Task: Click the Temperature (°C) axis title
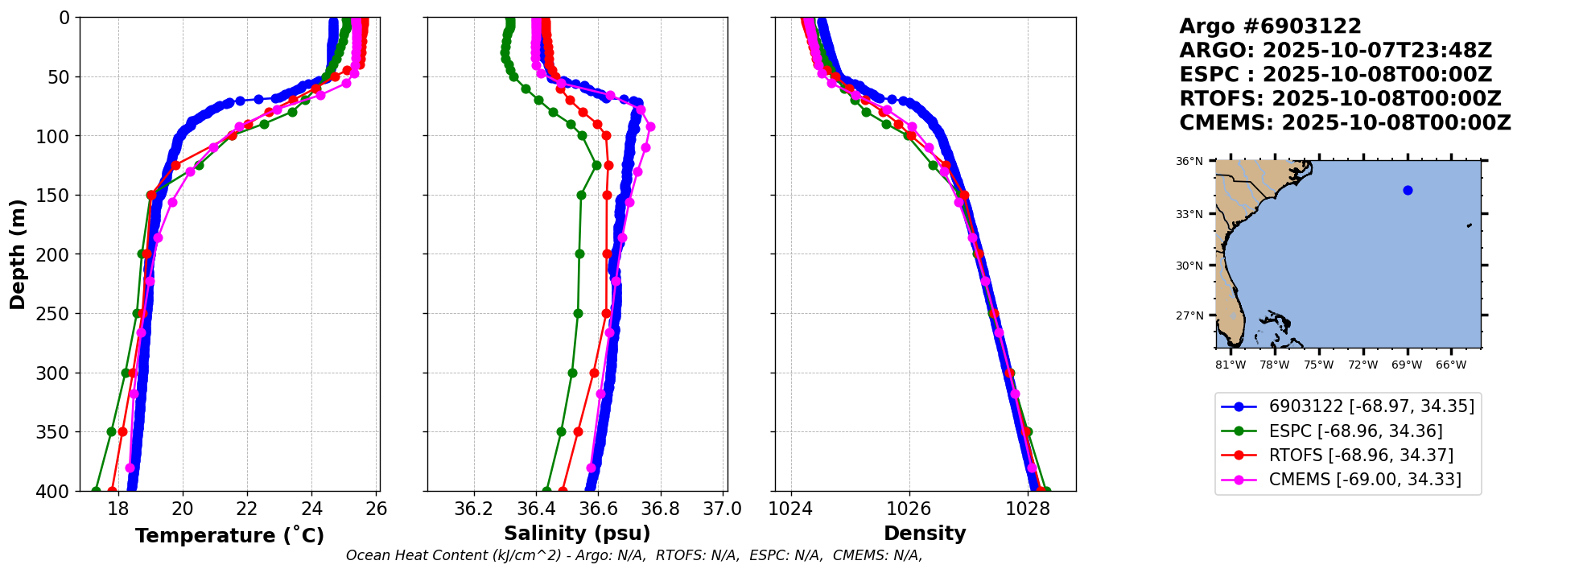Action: [229, 535]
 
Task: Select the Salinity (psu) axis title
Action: [577, 534]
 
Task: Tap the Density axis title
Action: [925, 534]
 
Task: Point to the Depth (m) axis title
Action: [18, 254]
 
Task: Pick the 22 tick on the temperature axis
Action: [247, 509]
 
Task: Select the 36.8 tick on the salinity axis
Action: [660, 509]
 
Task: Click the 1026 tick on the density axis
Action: [909, 509]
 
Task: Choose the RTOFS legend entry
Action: [1360, 456]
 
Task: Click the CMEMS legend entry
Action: [1364, 480]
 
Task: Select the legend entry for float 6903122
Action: [1371, 406]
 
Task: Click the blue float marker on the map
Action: [1408, 191]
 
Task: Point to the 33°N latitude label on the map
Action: [1189, 214]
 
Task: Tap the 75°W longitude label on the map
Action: [1318, 365]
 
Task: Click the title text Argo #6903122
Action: [1270, 27]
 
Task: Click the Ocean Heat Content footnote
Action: [633, 555]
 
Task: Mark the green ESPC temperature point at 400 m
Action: [97, 491]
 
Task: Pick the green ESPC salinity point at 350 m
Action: [562, 432]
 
